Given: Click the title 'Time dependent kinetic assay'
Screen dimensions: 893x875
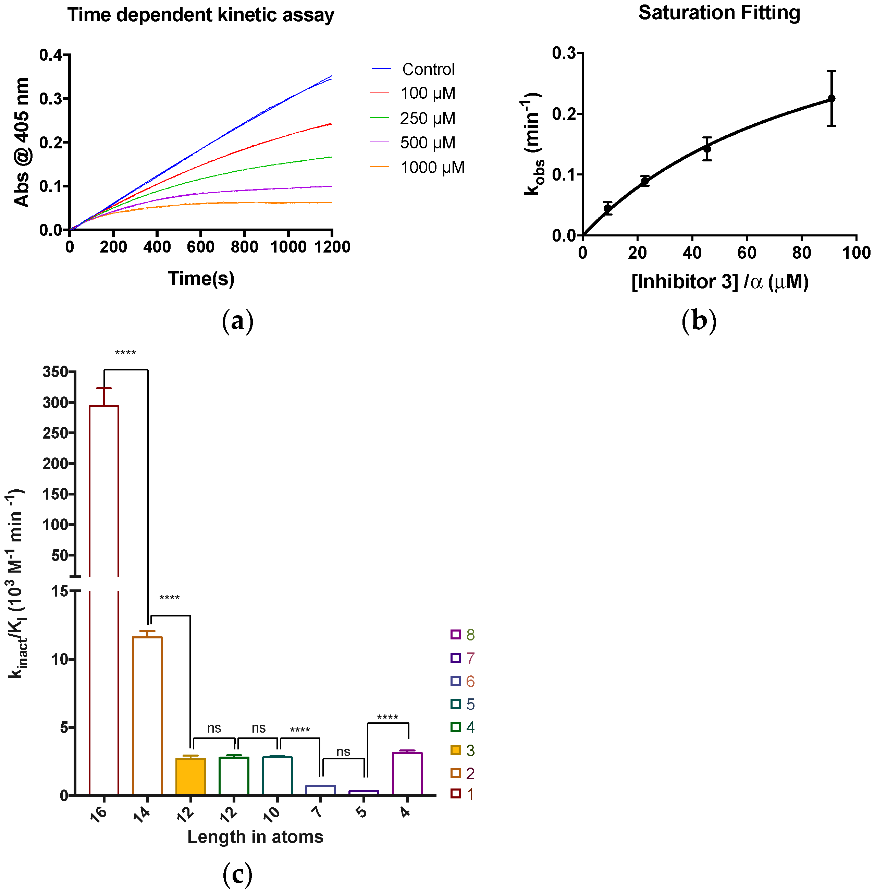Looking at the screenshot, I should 201,15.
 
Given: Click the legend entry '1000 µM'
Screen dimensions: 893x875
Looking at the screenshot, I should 432,167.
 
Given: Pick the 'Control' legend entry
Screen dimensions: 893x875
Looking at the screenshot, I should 428,70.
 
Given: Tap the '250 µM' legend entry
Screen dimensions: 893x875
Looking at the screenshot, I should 427,118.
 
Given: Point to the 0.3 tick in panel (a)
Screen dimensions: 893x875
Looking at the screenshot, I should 51,98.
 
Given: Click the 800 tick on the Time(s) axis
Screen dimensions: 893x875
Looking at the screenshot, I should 245,247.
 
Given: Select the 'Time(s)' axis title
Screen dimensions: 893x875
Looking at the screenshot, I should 201,279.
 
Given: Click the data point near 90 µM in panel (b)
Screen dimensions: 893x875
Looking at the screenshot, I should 831,98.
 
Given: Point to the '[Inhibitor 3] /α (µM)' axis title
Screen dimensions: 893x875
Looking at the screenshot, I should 720,281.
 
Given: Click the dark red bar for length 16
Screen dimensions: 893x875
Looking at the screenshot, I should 104,598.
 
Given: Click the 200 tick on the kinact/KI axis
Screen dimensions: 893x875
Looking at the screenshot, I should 56,463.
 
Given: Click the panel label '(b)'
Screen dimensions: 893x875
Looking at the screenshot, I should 699,320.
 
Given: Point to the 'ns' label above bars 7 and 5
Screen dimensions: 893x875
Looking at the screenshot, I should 343,751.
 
